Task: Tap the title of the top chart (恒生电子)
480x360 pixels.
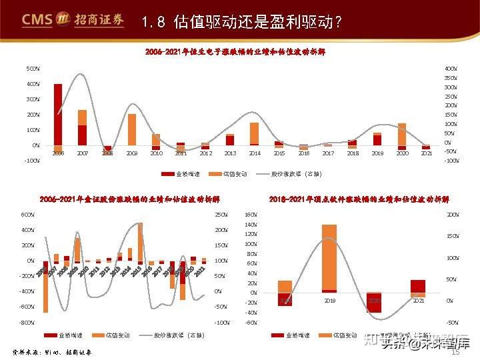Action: point(235,52)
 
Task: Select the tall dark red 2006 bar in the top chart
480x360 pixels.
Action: point(58,114)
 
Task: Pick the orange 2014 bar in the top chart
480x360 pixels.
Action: point(254,133)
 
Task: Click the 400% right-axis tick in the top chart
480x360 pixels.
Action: point(451,69)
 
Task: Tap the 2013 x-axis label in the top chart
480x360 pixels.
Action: point(230,153)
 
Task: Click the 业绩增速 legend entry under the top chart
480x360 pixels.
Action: point(178,174)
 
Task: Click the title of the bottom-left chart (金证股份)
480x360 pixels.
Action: point(129,199)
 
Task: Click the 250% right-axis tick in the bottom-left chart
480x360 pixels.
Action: point(221,215)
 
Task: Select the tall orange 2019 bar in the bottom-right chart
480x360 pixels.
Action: point(329,257)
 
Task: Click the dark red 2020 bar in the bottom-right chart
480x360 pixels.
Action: point(374,302)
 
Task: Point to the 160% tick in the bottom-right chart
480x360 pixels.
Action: point(251,215)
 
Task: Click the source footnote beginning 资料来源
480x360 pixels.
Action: point(53,351)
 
